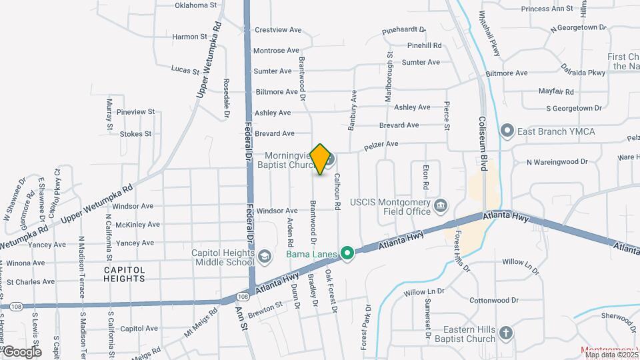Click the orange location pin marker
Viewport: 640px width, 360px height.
tap(321, 159)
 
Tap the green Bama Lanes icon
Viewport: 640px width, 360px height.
tap(347, 253)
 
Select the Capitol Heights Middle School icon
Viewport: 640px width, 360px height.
tap(265, 257)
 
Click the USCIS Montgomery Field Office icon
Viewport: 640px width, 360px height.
tap(441, 205)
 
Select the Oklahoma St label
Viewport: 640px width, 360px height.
tap(196, 5)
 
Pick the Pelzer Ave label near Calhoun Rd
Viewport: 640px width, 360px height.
tap(380, 144)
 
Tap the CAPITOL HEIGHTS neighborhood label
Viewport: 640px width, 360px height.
tap(124, 275)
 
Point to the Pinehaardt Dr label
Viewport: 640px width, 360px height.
tap(404, 31)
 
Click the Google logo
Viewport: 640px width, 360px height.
tap(22, 351)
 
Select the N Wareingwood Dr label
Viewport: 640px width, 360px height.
tap(557, 162)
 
